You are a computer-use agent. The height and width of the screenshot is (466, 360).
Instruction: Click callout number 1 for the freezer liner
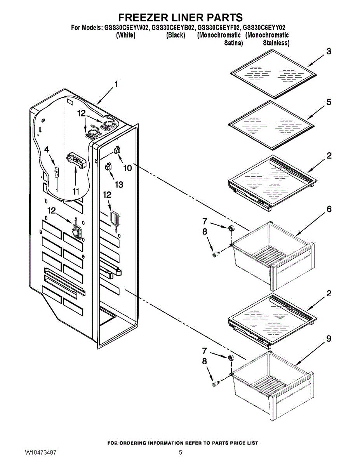point(116,84)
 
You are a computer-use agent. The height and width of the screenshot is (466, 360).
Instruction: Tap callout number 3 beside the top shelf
point(329,52)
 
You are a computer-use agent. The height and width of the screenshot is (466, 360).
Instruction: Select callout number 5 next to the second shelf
point(329,102)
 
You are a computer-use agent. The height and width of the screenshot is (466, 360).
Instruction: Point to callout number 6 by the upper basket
point(329,209)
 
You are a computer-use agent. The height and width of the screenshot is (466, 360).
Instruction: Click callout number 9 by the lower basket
point(329,339)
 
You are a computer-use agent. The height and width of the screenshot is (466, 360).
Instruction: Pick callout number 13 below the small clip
point(119,184)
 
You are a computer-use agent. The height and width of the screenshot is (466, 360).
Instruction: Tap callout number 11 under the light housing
point(76,191)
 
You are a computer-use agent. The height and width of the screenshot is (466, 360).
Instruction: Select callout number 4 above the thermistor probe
point(47,150)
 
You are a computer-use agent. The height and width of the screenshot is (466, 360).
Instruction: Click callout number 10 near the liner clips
point(128,168)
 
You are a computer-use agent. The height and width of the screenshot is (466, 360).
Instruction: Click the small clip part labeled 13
point(108,167)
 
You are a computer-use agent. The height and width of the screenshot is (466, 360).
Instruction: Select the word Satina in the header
point(233,43)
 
